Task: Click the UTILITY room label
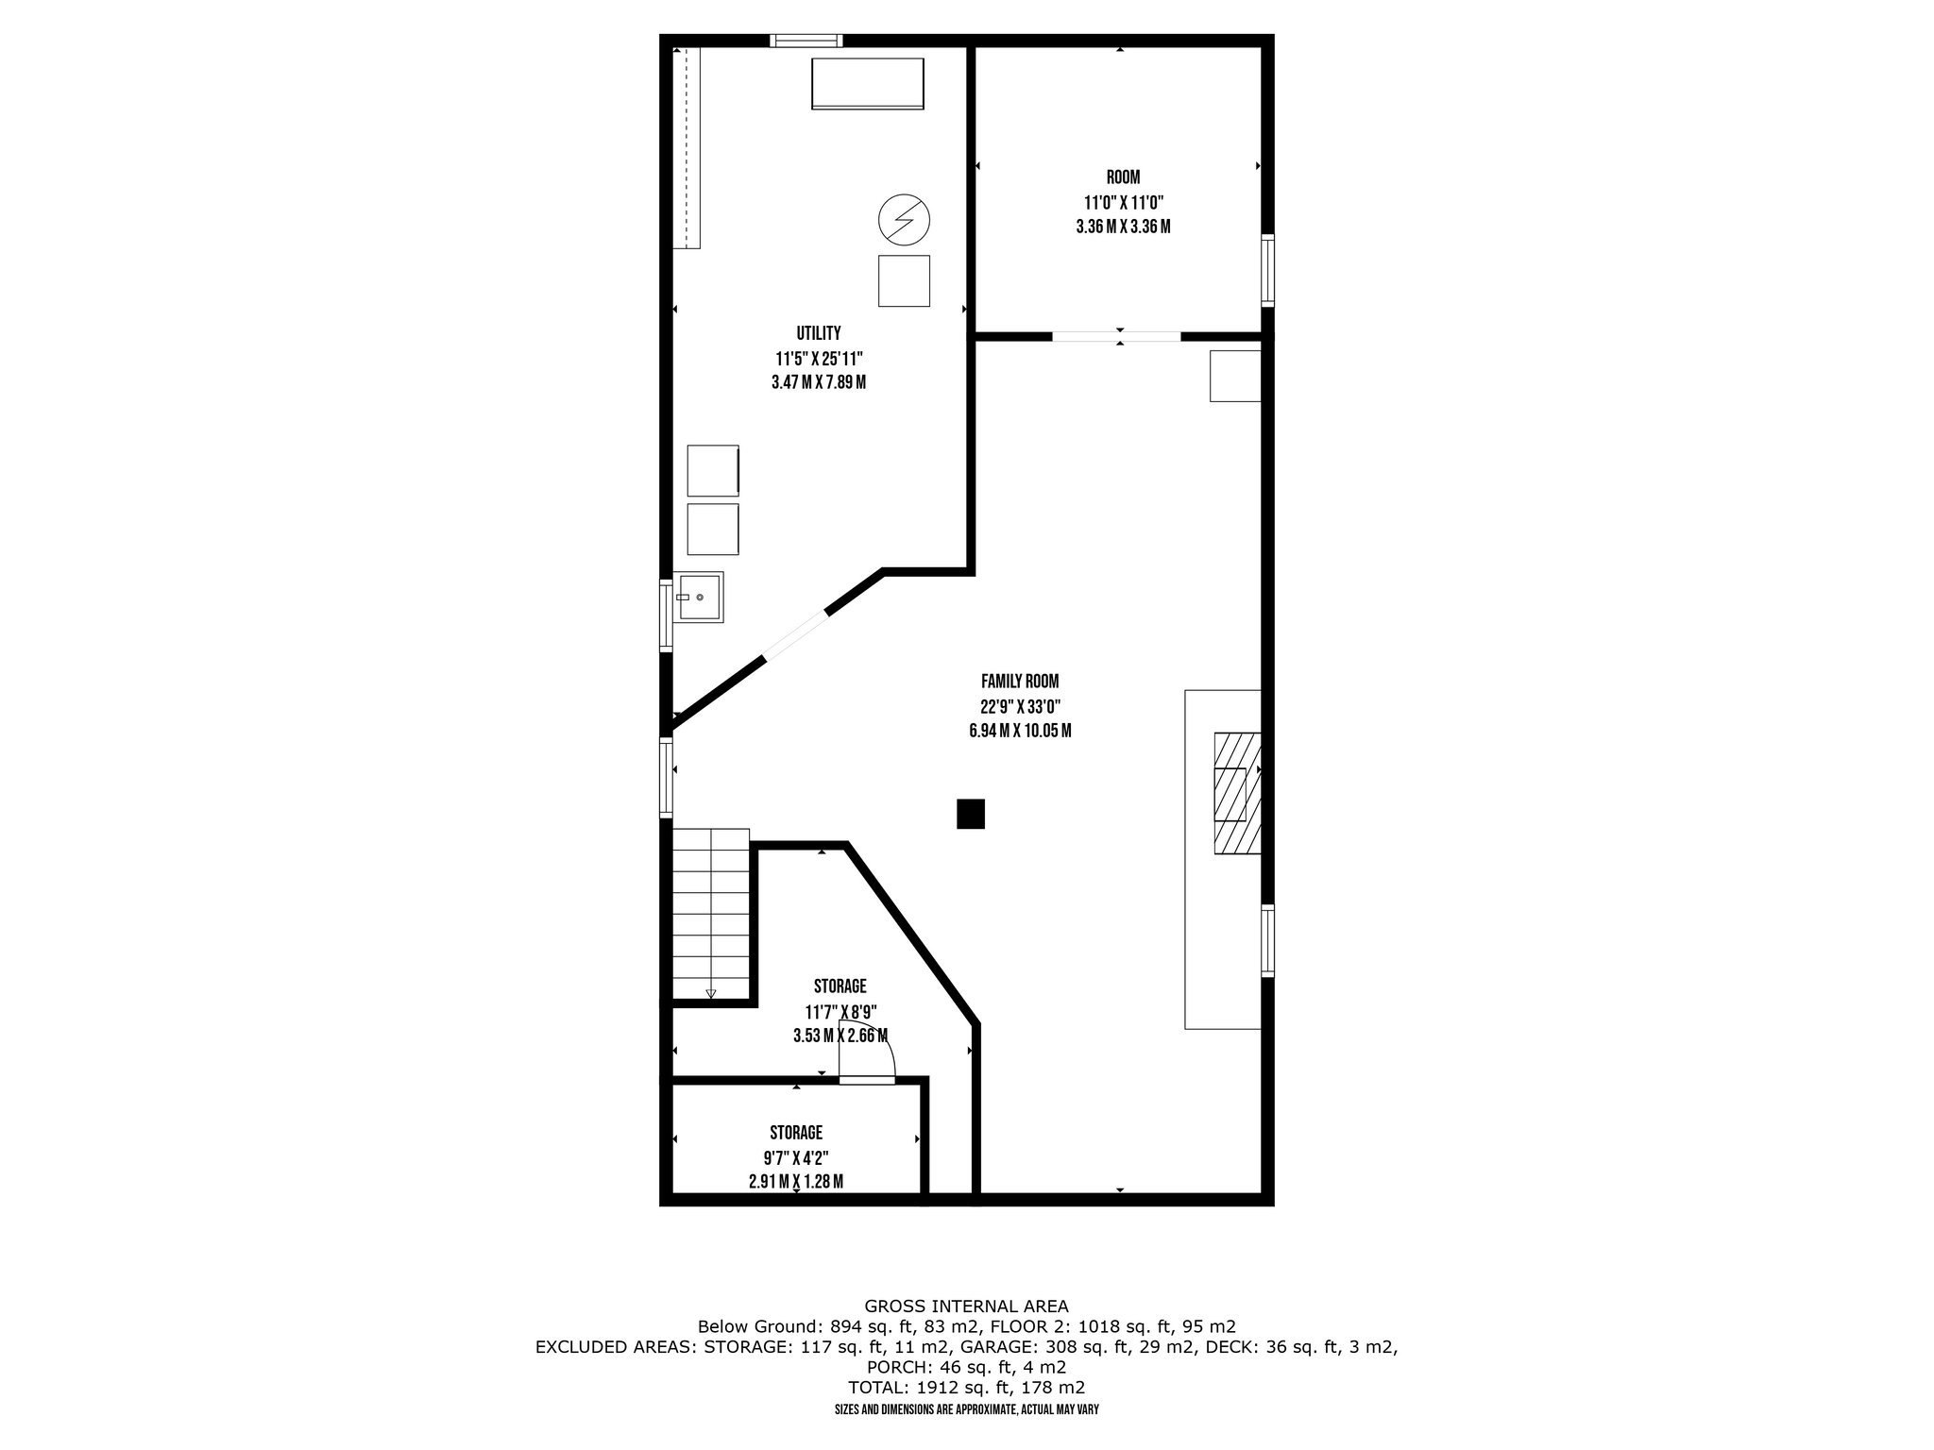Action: click(818, 333)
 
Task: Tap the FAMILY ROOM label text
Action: click(1019, 681)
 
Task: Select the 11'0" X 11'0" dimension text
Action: click(1123, 202)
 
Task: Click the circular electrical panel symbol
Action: click(904, 220)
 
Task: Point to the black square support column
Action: click(970, 814)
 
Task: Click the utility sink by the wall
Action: click(699, 598)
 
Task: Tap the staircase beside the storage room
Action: click(710, 914)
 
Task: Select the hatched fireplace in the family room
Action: click(1236, 794)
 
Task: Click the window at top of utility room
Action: click(806, 40)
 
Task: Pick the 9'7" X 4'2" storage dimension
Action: click(795, 1157)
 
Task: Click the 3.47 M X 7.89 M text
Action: click(818, 383)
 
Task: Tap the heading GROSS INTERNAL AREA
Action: click(966, 1307)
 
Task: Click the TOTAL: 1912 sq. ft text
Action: click(966, 1388)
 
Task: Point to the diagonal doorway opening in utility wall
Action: click(795, 634)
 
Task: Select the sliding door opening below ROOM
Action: click(1116, 336)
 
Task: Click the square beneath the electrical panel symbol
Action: click(904, 280)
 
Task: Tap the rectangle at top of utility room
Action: click(867, 83)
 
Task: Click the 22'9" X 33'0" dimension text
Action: click(1019, 706)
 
